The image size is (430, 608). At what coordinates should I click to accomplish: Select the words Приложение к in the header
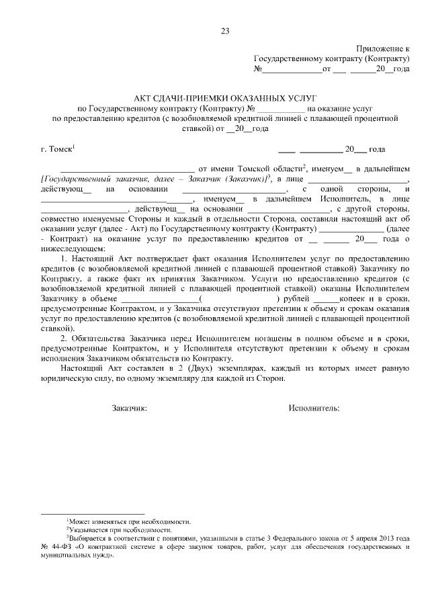(385, 49)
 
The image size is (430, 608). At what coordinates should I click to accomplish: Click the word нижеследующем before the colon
(70, 247)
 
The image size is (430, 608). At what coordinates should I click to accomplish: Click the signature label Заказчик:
(129, 408)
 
